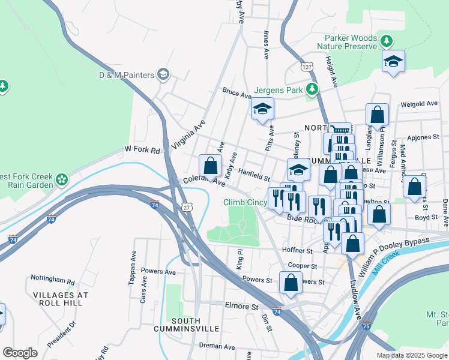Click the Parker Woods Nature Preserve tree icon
tap(387, 41)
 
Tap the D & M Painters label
tap(127, 75)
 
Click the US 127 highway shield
tap(307, 67)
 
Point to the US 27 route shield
tap(187, 207)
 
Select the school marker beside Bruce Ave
tap(262, 109)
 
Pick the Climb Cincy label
tap(245, 203)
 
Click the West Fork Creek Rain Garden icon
tap(61, 179)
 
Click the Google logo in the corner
tap(20, 352)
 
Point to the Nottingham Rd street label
tap(53, 281)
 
